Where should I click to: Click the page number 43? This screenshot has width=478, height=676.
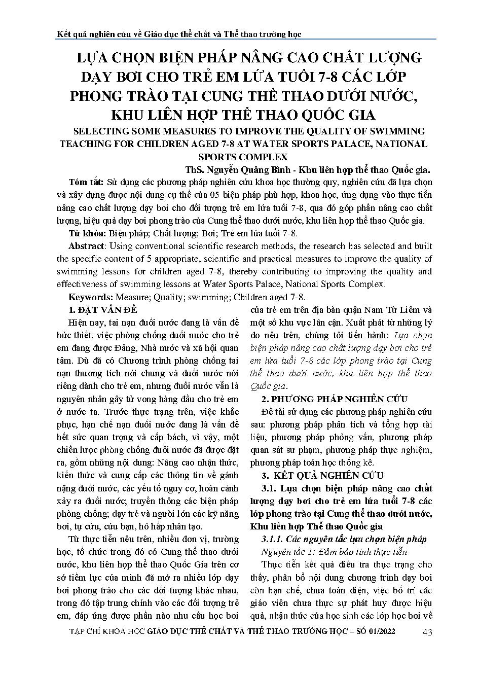coord(426,632)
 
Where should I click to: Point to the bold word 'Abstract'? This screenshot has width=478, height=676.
coord(86,246)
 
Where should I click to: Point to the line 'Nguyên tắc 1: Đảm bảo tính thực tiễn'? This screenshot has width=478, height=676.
coord(334,552)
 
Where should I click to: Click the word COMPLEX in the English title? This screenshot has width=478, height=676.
coord(261,157)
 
